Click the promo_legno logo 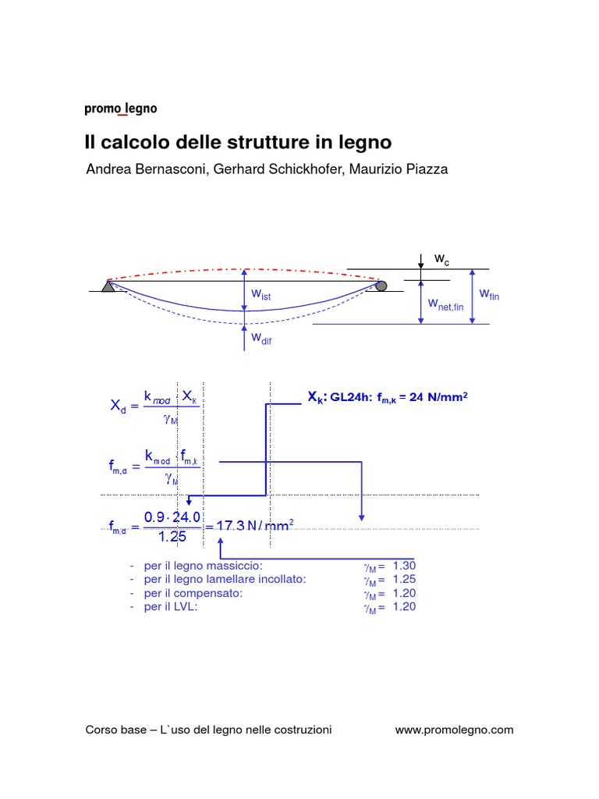(x=120, y=110)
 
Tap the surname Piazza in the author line (x=427, y=169)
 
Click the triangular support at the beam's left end (x=108, y=286)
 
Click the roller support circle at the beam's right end (x=381, y=286)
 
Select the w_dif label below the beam (x=261, y=339)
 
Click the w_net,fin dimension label (x=445, y=305)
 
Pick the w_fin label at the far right (x=489, y=294)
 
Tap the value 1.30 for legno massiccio (x=404, y=565)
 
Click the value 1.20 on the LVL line (x=404, y=607)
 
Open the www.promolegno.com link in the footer (x=454, y=730)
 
